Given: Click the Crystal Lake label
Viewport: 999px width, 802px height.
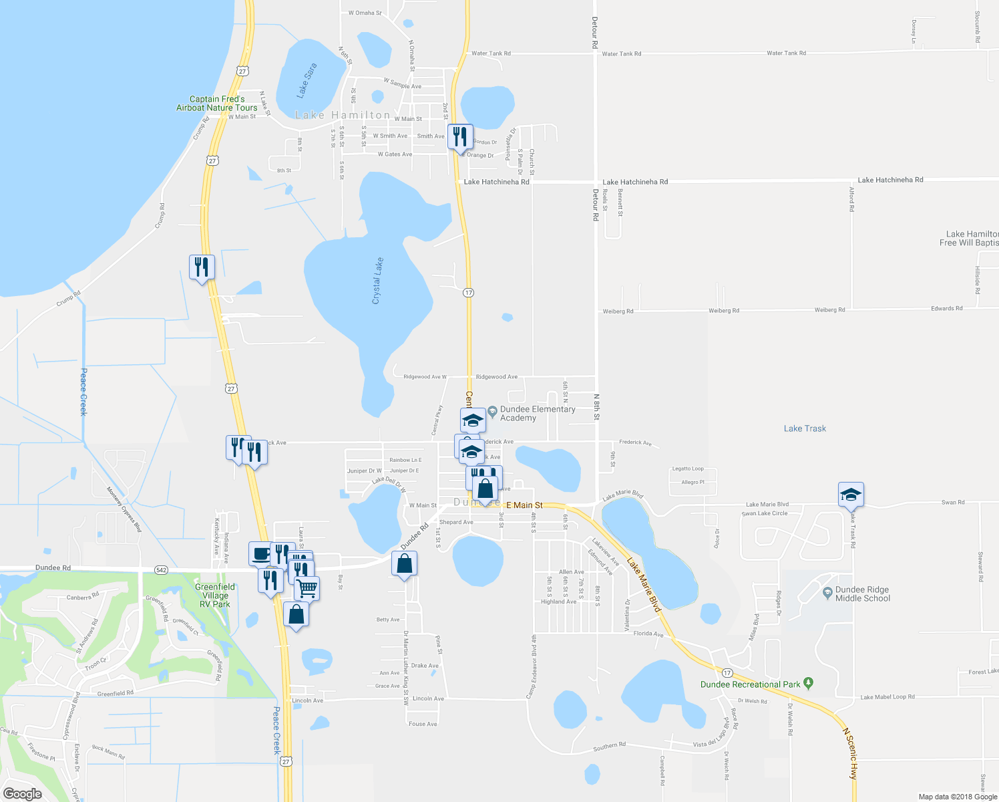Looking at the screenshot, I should pos(377,281).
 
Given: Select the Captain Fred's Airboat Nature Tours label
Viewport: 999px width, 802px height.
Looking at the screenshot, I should pos(217,103).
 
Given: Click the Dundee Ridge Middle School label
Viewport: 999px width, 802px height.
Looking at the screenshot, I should pos(862,594).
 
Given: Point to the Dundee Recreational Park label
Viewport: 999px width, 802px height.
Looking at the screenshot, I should pos(750,684).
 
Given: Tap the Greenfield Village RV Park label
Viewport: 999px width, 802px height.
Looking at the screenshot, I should pos(214,595).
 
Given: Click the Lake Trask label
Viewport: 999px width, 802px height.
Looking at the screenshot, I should pos(805,428).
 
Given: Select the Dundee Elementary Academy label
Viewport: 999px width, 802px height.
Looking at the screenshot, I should pos(537,414).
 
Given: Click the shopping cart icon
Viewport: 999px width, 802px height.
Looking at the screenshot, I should pos(307,588).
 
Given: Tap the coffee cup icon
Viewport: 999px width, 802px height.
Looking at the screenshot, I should pos(261,553).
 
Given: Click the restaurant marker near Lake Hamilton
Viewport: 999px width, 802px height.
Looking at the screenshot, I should pos(460,137).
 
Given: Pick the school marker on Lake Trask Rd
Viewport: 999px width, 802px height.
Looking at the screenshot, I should pos(851,495).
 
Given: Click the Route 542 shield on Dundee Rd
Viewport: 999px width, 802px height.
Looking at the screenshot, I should pos(161,569).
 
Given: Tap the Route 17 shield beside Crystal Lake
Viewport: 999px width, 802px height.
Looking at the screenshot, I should pos(468,293).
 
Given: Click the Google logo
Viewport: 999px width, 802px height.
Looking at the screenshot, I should pos(22,794).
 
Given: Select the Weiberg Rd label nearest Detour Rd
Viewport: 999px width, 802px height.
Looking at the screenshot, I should pos(618,311).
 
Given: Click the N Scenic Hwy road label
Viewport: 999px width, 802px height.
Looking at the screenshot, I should pos(849,754).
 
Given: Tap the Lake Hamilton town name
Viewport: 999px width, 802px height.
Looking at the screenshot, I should pos(343,115).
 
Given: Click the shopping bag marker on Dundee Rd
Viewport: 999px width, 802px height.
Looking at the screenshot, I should pos(404,564).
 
